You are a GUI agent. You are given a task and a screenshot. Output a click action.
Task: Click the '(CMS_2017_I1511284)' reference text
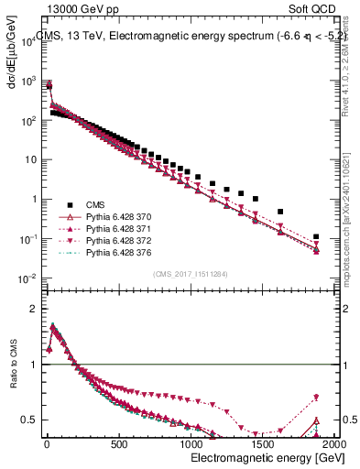[190, 274]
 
